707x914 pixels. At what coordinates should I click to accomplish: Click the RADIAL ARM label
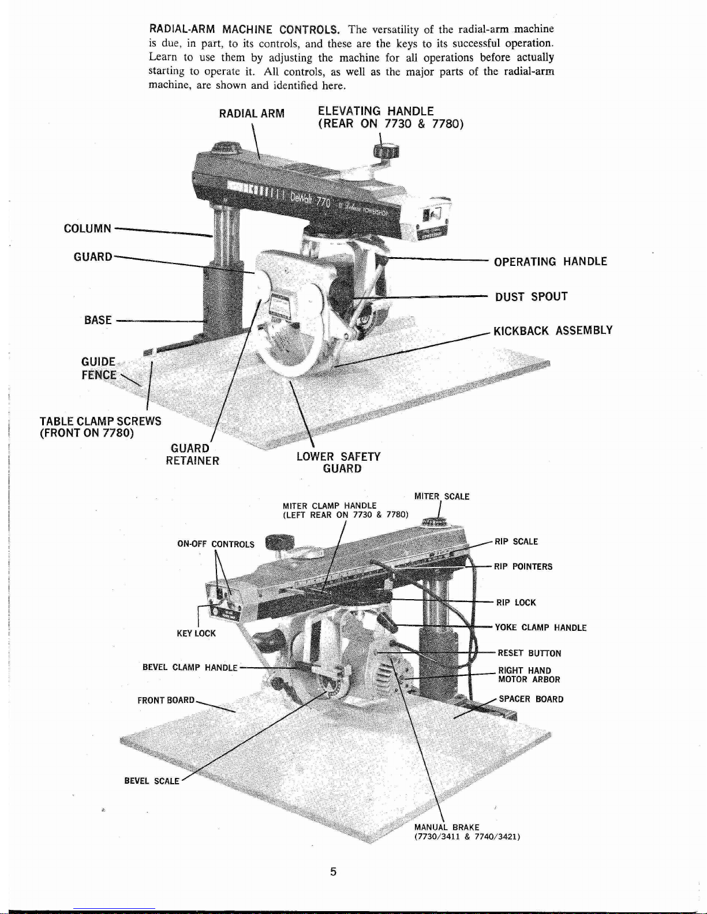[252, 114]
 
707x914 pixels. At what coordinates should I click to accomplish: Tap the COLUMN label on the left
[87, 228]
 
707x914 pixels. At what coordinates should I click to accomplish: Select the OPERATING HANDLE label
[550, 262]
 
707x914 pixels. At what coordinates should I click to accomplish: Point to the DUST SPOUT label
[531, 297]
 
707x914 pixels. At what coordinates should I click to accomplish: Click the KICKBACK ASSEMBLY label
[552, 331]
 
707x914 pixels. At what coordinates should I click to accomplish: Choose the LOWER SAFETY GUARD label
[339, 462]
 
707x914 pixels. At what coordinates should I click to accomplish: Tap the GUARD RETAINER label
[192, 454]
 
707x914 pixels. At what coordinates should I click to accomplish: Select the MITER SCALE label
[442, 497]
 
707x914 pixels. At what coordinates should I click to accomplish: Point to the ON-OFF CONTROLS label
[215, 544]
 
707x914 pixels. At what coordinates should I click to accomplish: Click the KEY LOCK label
[196, 633]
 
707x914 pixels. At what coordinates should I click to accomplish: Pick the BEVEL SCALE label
[152, 781]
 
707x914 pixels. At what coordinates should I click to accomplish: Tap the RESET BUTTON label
[529, 653]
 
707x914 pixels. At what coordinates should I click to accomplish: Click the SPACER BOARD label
[531, 699]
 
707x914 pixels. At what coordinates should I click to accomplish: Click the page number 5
[333, 871]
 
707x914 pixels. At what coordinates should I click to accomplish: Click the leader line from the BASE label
[159, 321]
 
